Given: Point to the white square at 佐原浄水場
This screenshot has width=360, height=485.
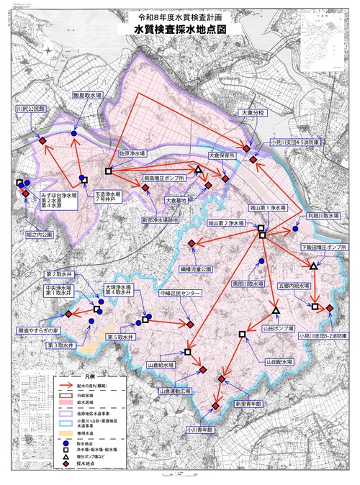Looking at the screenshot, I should click(x=108, y=171).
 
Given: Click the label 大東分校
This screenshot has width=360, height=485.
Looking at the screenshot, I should click(x=253, y=114).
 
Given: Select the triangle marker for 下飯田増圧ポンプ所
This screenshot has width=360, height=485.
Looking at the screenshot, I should click(x=314, y=266).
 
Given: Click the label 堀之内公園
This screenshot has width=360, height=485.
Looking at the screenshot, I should click(x=40, y=235).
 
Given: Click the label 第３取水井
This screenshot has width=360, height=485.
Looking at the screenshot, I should click(x=62, y=346).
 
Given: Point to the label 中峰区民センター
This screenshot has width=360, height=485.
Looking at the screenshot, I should click(x=181, y=294).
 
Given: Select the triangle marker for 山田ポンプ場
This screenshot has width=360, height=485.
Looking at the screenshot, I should click(x=276, y=310).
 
